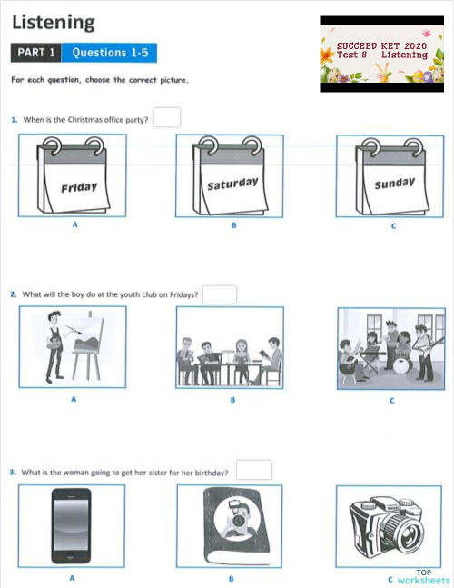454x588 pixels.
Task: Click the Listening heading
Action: pyautogui.click(x=53, y=22)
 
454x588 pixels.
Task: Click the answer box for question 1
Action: pyautogui.click(x=167, y=117)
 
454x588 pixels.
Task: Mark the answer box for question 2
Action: pyautogui.click(x=220, y=294)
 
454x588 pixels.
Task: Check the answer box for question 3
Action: pyautogui.click(x=254, y=470)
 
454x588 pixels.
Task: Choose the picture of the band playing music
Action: pyautogui.click(x=390, y=347)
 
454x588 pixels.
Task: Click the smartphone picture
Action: pyautogui.click(x=73, y=525)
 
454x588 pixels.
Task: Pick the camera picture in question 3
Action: pyautogui.click(x=390, y=525)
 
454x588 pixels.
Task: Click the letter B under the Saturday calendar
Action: pyautogui.click(x=232, y=224)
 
